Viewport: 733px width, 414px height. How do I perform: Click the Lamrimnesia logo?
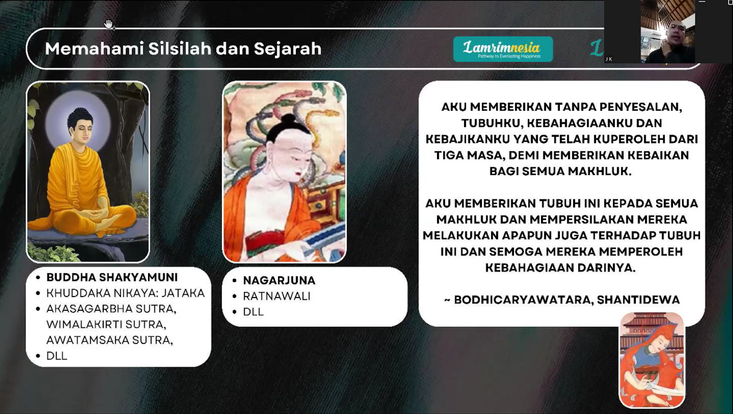coord(503,49)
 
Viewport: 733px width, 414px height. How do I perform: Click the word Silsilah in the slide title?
coord(180,49)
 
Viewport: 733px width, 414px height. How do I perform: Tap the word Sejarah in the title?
coord(288,49)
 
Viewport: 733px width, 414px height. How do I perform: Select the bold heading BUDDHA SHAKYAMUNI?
coord(112,277)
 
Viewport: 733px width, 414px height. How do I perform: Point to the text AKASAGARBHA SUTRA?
coord(111,309)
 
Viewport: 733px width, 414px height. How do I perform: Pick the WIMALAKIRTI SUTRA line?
coord(106,324)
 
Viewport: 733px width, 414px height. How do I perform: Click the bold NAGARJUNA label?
coord(279,281)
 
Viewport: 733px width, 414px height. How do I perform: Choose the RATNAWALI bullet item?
coord(277,296)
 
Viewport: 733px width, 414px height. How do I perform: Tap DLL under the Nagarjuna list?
coord(253,312)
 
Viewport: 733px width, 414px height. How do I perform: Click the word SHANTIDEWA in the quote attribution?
coord(639,300)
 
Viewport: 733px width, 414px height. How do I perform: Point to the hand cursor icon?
coord(109,24)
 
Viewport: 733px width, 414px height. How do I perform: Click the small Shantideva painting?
coord(651,360)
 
